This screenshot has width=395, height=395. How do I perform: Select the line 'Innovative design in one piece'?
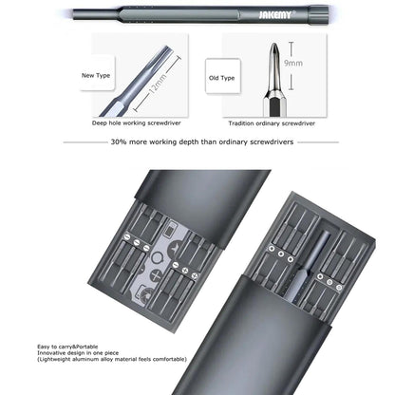(x=67, y=355)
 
